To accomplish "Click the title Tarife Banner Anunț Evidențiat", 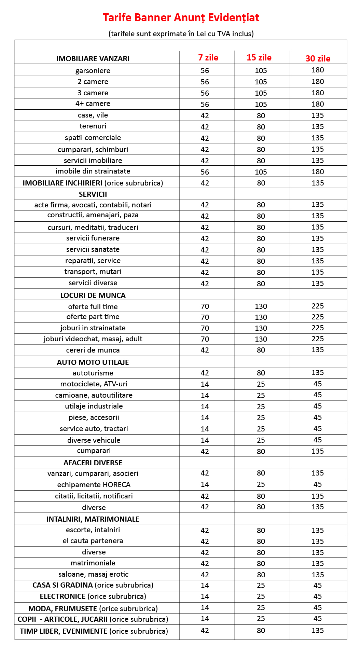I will pos(181,17).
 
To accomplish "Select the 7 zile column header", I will pos(208,58).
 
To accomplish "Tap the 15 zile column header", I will pos(259,58).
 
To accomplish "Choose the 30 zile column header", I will pos(318,58).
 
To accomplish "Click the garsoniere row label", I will pos(93,71).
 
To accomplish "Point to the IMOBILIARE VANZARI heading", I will pos(93,59).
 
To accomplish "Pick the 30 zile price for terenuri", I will pos(318,127).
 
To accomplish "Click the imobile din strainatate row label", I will pos(93,171).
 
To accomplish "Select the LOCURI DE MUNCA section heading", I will pos(93,295).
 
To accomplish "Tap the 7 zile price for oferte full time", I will pos(205,306).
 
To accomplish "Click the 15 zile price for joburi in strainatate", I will pos(261,328).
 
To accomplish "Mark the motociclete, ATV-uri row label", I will pos(94,384).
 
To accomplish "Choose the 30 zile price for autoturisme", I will pos(318,373).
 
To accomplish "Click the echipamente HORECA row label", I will pos(94,485).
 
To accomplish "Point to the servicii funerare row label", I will pos(93,238).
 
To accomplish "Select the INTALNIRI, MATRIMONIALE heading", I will pos(93,519).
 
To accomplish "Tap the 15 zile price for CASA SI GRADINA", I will pos(261,586).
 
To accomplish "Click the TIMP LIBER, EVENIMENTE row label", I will pos(94,631).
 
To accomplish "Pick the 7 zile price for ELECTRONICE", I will pos(205,596).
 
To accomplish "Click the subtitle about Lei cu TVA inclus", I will pos(181,34).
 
